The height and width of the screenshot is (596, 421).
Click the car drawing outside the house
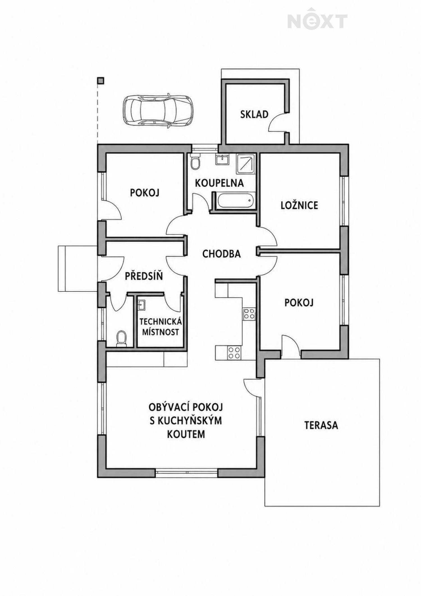[158, 111]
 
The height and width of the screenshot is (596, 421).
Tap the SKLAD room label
[254, 114]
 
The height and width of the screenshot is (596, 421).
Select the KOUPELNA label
[219, 183]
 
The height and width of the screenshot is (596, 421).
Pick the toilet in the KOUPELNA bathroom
[195, 161]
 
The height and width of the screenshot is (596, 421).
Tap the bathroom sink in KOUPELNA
[222, 159]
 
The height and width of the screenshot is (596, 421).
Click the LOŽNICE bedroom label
[299, 205]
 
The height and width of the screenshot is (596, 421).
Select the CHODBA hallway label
[221, 254]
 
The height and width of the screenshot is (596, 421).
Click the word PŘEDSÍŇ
[144, 276]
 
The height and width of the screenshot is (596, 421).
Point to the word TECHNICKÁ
[161, 322]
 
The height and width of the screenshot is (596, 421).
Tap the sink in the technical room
[141, 305]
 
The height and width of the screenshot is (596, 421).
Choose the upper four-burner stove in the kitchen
[249, 314]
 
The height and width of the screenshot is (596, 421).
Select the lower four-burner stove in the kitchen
[234, 353]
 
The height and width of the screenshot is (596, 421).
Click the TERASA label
[321, 425]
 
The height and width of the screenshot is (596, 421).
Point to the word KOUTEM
[186, 434]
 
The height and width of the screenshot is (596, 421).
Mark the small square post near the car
[101, 81]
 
